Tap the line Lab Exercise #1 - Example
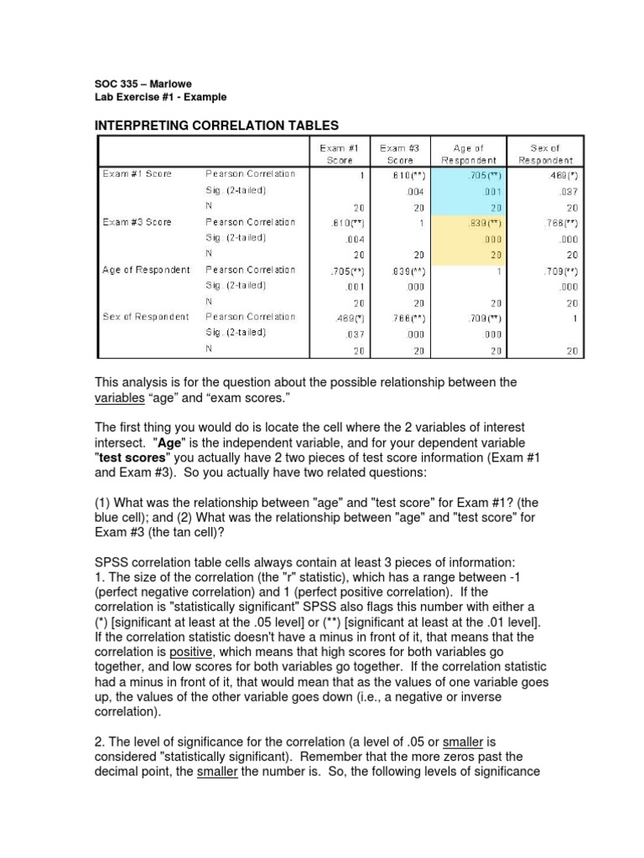pyautogui.click(x=160, y=97)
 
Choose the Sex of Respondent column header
pyautogui.click(x=546, y=154)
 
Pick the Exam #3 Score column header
pyautogui.click(x=400, y=154)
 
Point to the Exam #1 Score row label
pyautogui.click(x=137, y=174)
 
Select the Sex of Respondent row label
pyautogui.click(x=147, y=317)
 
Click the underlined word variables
pyautogui.click(x=122, y=398)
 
